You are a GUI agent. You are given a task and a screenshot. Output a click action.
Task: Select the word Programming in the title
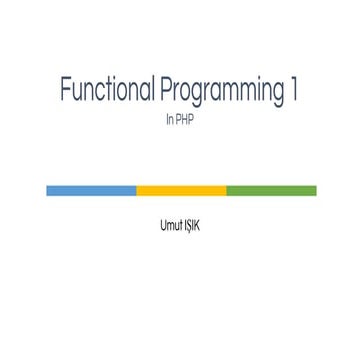[222, 92]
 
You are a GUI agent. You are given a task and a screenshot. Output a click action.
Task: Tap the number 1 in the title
[294, 90]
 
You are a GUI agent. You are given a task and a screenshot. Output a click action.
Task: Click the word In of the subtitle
[169, 119]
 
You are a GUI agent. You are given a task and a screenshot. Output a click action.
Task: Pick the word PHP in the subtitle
[184, 119]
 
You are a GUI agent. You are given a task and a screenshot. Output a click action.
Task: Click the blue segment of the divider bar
[91, 190]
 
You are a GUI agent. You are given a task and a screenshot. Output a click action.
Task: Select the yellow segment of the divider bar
[181, 190]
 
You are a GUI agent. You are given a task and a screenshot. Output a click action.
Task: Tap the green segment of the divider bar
[271, 190]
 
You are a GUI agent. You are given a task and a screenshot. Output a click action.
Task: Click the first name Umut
[170, 225]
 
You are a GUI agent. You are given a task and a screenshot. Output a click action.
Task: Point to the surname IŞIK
[192, 225]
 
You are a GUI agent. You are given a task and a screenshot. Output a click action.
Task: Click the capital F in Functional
[65, 90]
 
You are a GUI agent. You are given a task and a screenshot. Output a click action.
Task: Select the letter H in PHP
[184, 119]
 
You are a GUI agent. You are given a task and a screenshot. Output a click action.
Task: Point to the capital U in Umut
[163, 225]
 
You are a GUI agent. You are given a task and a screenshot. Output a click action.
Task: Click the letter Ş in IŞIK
[190, 225]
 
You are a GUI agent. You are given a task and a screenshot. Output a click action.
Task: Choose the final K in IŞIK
[198, 225]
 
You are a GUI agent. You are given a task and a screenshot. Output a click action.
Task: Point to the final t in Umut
[180, 225]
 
